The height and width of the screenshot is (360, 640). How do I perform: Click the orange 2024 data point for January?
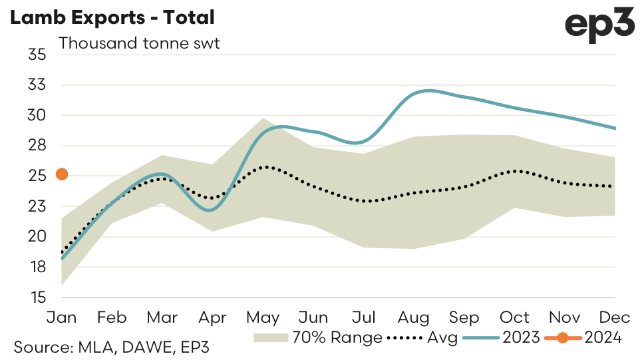point(62,174)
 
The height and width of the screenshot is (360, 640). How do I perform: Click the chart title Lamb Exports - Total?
point(112,18)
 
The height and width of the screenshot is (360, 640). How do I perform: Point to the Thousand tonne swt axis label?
point(139,44)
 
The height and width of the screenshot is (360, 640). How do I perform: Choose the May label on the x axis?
point(263,317)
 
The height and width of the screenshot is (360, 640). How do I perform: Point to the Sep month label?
point(464,317)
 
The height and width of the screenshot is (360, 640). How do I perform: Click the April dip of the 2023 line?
point(211,210)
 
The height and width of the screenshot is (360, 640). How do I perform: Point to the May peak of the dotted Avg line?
point(265,167)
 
